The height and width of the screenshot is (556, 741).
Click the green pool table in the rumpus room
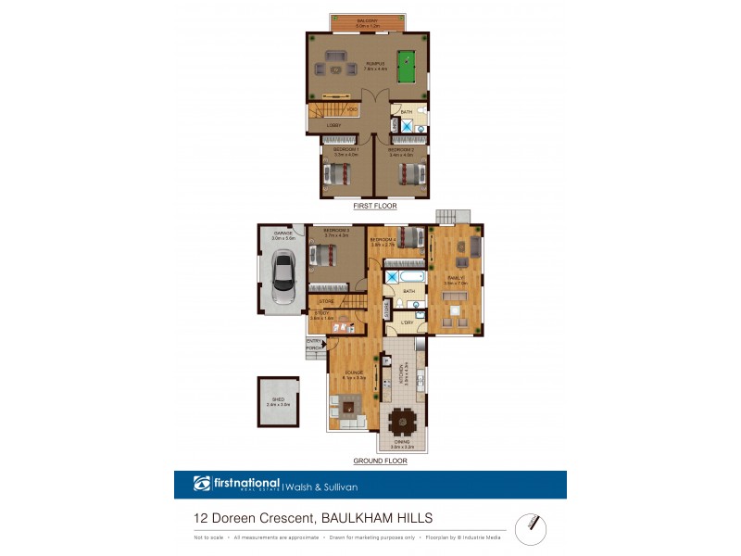tap(405, 66)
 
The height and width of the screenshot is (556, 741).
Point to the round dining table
tap(403, 423)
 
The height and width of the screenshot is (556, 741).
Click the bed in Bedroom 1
tap(337, 173)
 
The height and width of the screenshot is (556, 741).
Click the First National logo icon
tap(202, 483)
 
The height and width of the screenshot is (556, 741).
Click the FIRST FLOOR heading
tap(370, 206)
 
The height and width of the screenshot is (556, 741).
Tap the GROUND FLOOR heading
tap(380, 461)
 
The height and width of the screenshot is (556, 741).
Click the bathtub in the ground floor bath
tap(406, 275)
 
